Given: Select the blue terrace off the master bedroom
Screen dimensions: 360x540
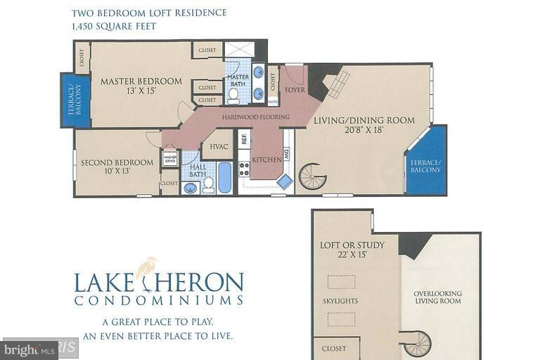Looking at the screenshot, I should pyautogui.click(x=76, y=100).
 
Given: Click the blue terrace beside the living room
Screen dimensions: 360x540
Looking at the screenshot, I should pyautogui.click(x=427, y=163).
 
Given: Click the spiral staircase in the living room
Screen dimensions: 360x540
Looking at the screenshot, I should pyautogui.click(x=313, y=176).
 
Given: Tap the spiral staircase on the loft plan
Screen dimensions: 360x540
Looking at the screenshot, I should pyautogui.click(x=418, y=344).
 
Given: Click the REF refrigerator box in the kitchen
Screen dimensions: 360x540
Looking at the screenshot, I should pyautogui.click(x=244, y=139).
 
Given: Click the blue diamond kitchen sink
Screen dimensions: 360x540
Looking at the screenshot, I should pyautogui.click(x=284, y=181).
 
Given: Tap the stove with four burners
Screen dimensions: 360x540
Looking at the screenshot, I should pyautogui.click(x=244, y=169).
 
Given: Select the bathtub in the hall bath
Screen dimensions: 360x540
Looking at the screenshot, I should pyautogui.click(x=224, y=177).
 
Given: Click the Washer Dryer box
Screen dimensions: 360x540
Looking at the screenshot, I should pyautogui.click(x=170, y=159).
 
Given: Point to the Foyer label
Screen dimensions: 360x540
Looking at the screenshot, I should pyautogui.click(x=294, y=90).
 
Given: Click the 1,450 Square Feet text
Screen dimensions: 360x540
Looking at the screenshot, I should pyautogui.click(x=114, y=26).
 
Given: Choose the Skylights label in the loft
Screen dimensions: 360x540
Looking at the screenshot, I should pyautogui.click(x=340, y=301).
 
